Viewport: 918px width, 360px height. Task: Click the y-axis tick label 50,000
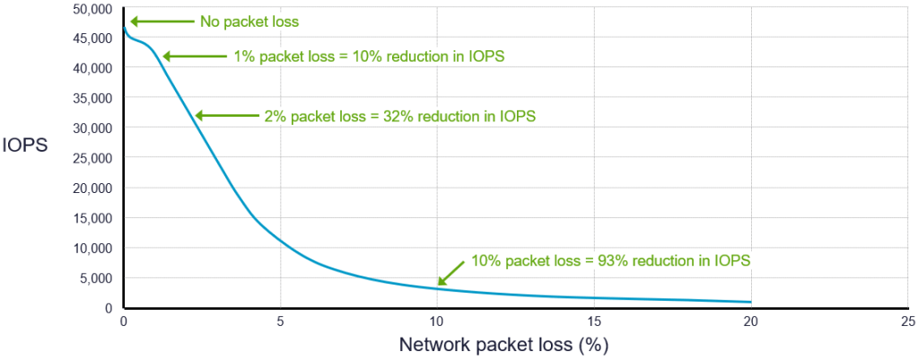pyautogui.click(x=92, y=8)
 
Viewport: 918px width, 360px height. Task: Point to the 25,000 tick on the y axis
pyautogui.click(x=92, y=158)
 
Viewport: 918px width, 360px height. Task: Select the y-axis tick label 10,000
pyautogui.click(x=92, y=248)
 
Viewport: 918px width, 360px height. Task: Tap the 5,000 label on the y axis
pyautogui.click(x=95, y=278)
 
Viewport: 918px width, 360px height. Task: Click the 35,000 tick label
pyautogui.click(x=92, y=98)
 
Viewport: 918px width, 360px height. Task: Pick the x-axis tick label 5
pyautogui.click(x=280, y=321)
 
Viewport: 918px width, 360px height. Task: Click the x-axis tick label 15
pyautogui.click(x=593, y=321)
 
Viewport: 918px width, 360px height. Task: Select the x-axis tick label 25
pyautogui.click(x=906, y=321)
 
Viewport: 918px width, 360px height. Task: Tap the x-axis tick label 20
pyautogui.click(x=750, y=321)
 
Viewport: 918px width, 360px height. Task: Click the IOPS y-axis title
pyautogui.click(x=24, y=145)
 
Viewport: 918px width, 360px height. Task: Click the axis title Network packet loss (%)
pyautogui.click(x=504, y=345)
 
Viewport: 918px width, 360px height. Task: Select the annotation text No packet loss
pyautogui.click(x=249, y=21)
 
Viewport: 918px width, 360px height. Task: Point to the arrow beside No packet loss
pyautogui.click(x=162, y=21)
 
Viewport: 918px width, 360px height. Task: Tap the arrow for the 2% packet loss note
pyautogui.click(x=226, y=115)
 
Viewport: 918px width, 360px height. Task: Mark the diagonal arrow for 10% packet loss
pyautogui.click(x=451, y=270)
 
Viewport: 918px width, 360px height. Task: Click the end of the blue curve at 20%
pyautogui.click(x=750, y=302)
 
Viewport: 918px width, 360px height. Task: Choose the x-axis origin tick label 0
pyautogui.click(x=124, y=321)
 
